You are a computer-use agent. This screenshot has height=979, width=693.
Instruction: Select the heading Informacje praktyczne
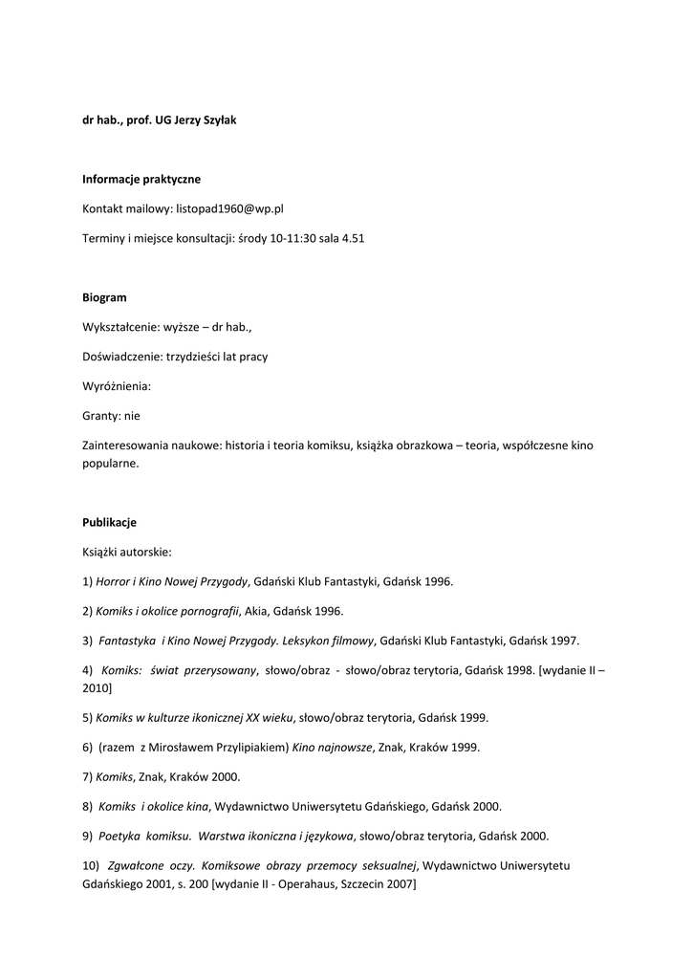tap(141, 179)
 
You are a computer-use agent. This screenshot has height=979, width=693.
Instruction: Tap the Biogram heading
tap(104, 297)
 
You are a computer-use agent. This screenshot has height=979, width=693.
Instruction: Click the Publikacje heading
tap(109, 522)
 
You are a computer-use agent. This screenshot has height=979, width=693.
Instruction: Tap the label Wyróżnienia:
tap(117, 386)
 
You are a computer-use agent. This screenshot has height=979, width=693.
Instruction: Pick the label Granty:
tap(101, 416)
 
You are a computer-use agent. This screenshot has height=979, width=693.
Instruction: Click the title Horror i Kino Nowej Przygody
tap(171, 581)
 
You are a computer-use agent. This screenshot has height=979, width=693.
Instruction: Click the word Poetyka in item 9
tap(119, 836)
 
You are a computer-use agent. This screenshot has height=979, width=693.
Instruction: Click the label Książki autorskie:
tap(126, 552)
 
